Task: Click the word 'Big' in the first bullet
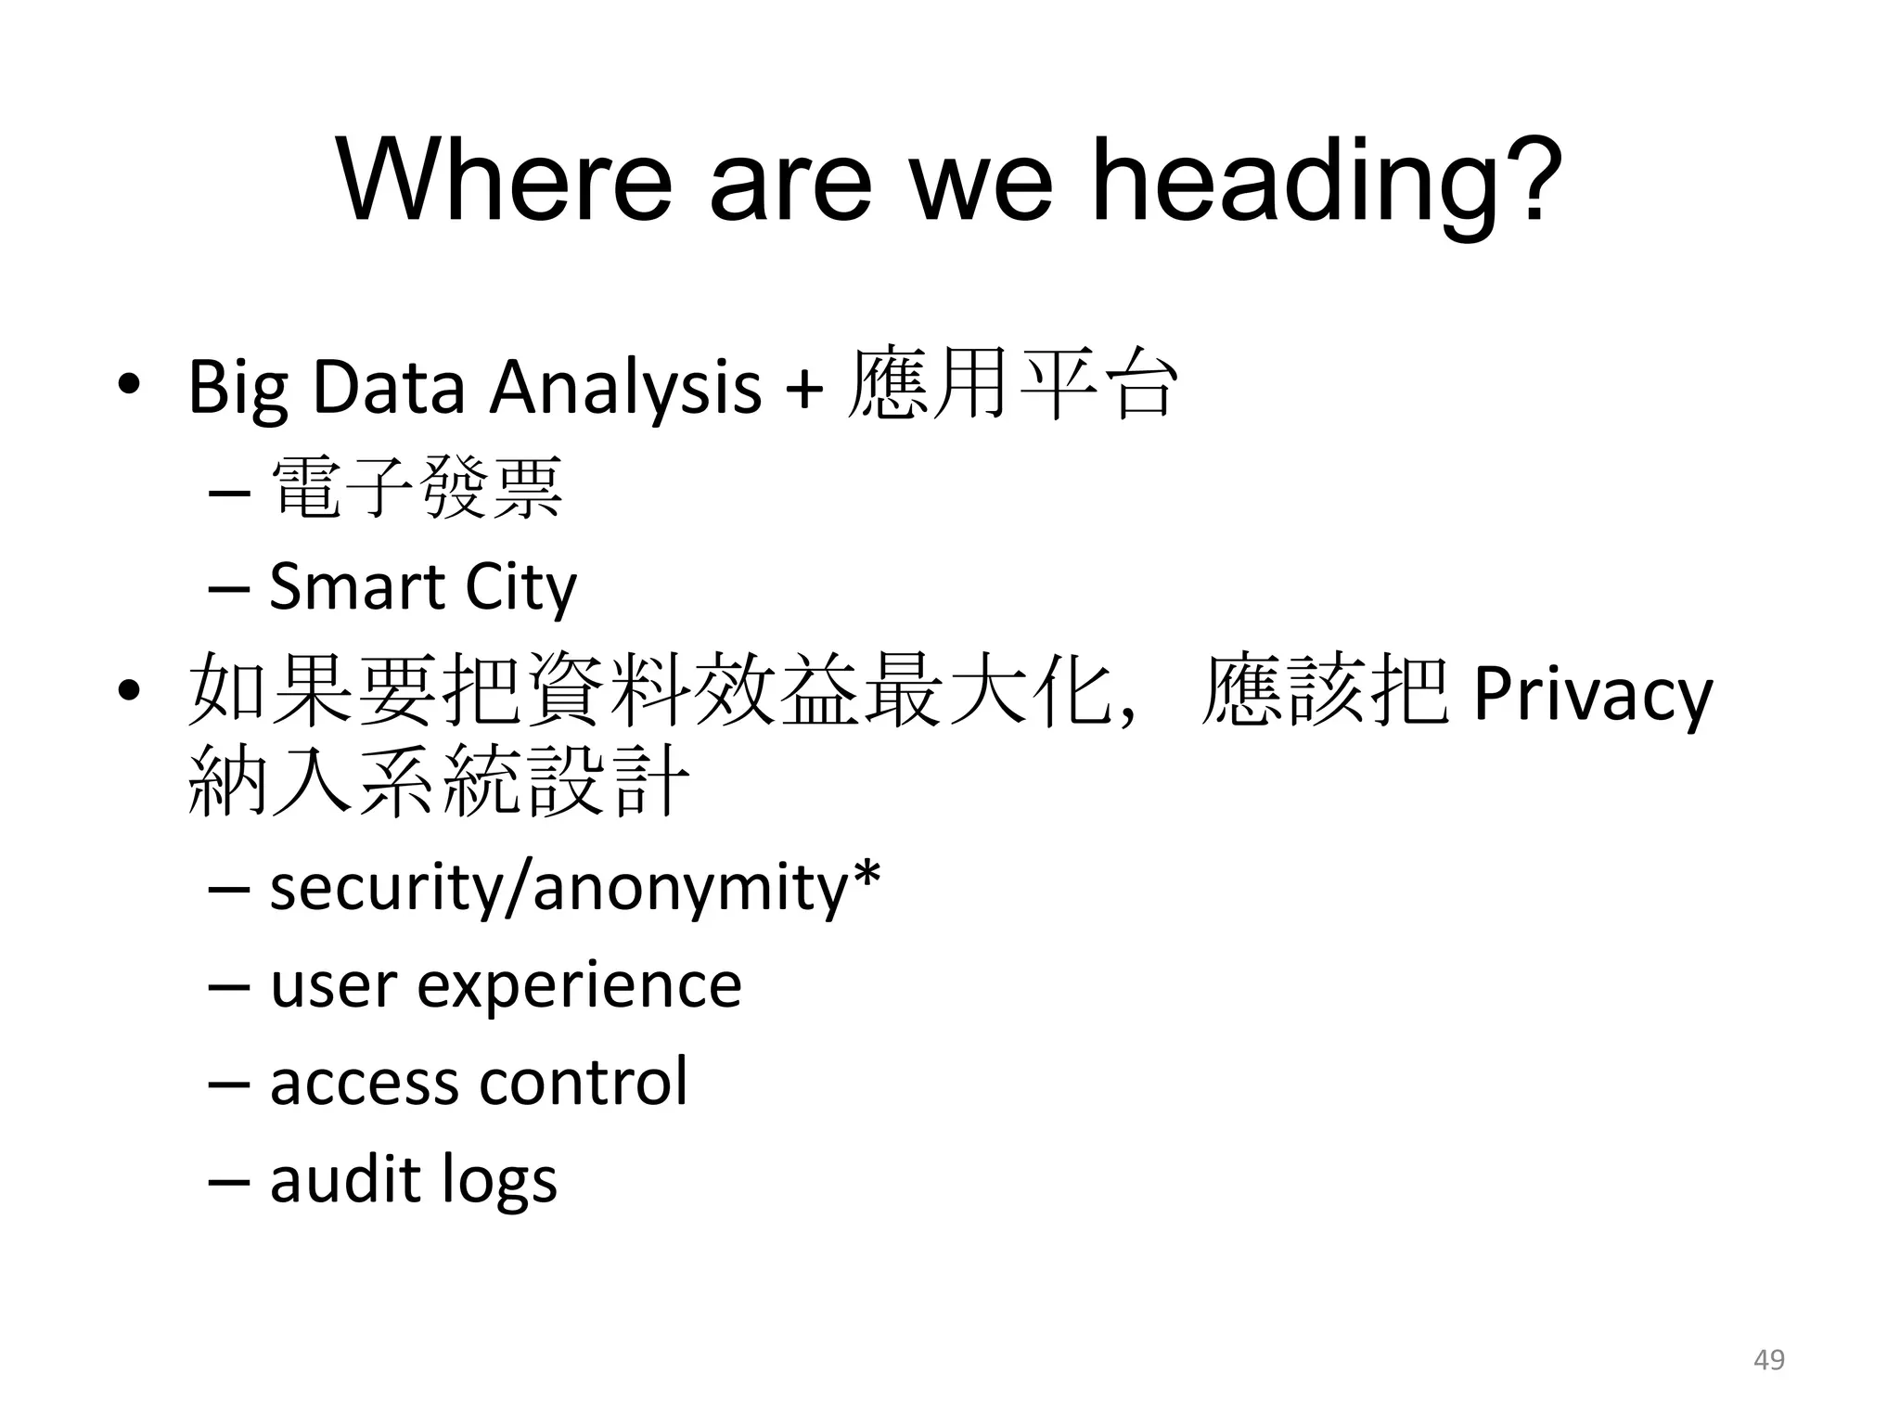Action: point(237,388)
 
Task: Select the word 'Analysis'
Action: point(625,388)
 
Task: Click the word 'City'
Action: point(520,588)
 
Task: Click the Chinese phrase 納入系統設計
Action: point(439,782)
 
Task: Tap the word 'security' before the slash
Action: point(389,888)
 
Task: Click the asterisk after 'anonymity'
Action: point(865,877)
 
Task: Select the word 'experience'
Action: point(579,986)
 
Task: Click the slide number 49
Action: point(1769,1360)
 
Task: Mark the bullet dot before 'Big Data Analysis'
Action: point(128,386)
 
